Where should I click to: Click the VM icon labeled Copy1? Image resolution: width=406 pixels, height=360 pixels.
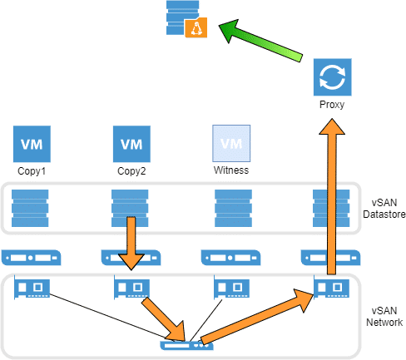32,144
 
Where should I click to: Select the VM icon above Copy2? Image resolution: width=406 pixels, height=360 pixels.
131,144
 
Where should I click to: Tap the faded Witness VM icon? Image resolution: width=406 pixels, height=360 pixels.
231,143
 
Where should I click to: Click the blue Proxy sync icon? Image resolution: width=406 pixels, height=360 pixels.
333,77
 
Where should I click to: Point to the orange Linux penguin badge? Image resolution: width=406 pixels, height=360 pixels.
196,27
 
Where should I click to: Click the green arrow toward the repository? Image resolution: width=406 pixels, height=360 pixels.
260,41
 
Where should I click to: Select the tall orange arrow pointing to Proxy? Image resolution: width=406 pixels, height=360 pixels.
332,196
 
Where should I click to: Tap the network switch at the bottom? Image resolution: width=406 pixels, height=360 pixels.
186,345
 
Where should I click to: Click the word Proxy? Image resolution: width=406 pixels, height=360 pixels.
332,105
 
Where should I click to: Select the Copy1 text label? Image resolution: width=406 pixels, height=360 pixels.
32,171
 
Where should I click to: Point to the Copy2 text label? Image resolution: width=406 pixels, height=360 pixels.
131,171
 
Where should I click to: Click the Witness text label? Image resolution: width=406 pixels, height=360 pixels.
231,170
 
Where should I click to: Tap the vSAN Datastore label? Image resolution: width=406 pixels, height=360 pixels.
384,209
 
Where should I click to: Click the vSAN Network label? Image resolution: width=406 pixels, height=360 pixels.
384,317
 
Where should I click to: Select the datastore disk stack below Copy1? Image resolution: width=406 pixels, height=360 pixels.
30,208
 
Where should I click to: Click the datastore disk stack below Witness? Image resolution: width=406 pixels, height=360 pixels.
233,208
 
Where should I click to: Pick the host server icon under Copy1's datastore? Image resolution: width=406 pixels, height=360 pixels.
31,258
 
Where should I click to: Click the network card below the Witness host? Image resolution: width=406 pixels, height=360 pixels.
231,288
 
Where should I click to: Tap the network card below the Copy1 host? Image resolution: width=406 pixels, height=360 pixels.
32,288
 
